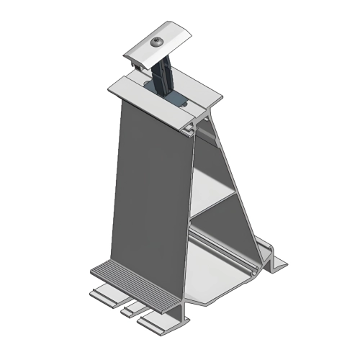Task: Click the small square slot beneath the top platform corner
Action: [x=189, y=130]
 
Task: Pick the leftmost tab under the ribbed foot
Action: [x=105, y=294]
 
